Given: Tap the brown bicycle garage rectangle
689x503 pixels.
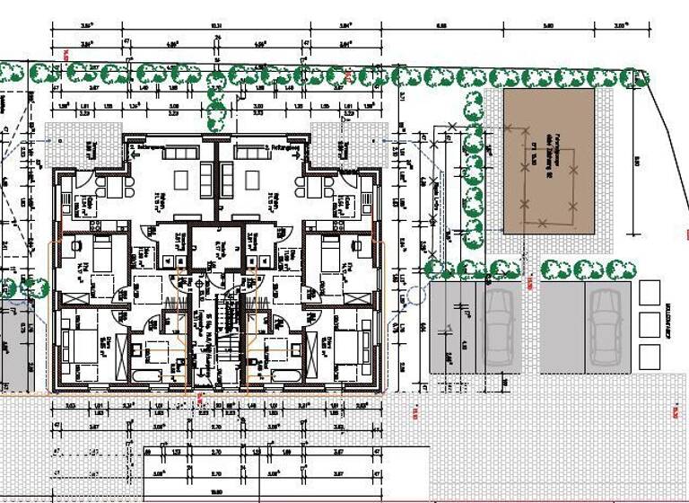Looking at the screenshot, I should [x=548, y=160].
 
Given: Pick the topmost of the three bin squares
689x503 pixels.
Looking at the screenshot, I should [x=650, y=292].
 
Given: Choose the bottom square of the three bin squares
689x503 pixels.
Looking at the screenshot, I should [x=650, y=351].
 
